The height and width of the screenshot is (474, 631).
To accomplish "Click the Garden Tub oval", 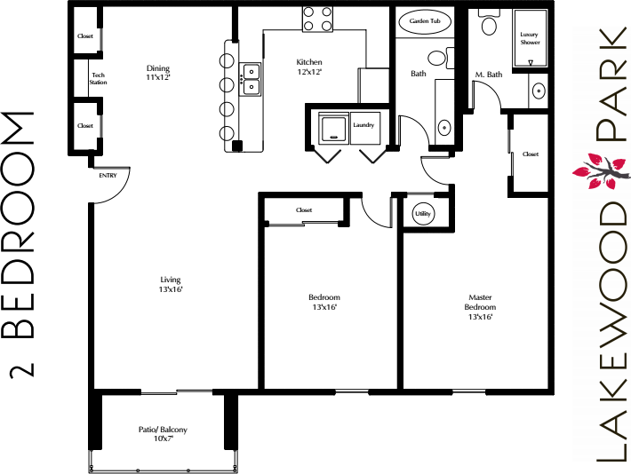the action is click(x=425, y=21).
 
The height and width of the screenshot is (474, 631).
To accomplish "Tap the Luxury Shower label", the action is click(x=530, y=38).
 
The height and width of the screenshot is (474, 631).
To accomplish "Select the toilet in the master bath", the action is click(x=490, y=23).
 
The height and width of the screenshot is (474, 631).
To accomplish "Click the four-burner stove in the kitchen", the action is click(x=318, y=19).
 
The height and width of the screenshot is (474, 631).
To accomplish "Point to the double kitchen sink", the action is click(x=250, y=79).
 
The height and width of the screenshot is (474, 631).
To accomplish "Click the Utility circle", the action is click(x=423, y=214).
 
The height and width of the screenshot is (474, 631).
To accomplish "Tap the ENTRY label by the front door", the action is click(x=108, y=176).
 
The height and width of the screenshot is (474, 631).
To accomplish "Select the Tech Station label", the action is click(x=98, y=78).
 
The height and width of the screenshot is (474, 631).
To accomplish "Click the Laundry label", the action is click(x=363, y=125).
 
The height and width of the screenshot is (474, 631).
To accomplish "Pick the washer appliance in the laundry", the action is click(x=333, y=129).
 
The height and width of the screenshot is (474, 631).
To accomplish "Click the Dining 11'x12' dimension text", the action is click(x=158, y=77).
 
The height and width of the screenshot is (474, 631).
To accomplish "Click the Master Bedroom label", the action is click(x=480, y=302).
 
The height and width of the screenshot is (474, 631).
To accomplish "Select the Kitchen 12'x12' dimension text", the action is click(x=309, y=72).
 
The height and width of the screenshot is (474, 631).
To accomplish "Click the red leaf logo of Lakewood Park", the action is click(x=601, y=170).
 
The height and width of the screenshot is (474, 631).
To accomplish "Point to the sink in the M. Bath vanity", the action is click(x=539, y=91).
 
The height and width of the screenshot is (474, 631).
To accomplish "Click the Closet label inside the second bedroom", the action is click(x=304, y=209).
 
